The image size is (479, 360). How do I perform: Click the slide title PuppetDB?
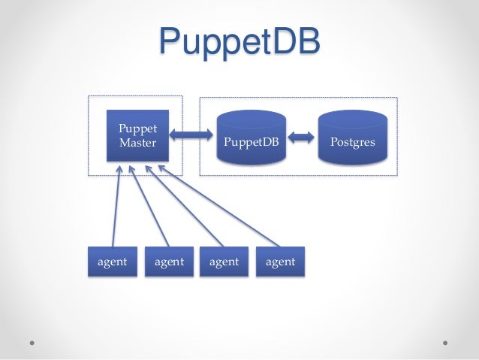point(239,42)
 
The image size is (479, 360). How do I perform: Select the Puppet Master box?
point(137,136)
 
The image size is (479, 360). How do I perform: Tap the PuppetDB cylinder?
point(251,138)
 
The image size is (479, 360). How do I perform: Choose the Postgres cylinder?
point(353,138)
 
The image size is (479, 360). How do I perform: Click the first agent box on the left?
point(113,262)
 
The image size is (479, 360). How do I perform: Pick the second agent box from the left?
point(169,262)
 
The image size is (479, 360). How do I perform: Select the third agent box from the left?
point(224,262)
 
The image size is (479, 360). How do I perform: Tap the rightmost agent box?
point(280,262)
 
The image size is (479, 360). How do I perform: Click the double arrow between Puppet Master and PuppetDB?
point(192,135)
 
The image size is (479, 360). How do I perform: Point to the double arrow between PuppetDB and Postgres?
point(302,137)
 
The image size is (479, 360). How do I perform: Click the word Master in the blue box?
point(137,142)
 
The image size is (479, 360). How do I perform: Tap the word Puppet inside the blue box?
point(137,129)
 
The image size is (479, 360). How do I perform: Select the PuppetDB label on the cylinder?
point(251,141)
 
